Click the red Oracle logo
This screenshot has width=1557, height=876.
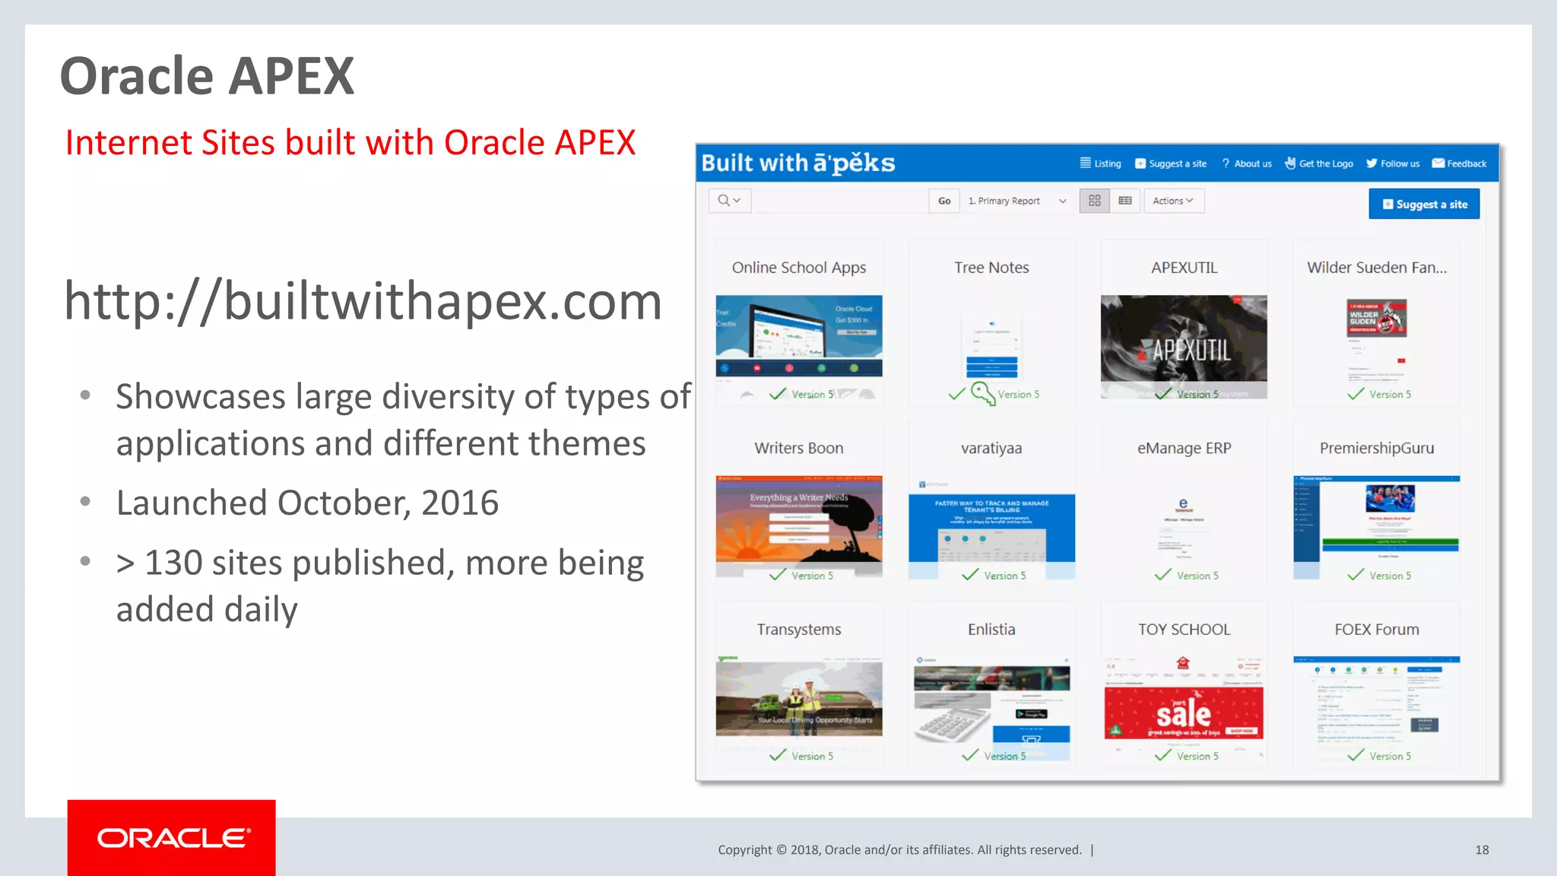pyautogui.click(x=171, y=837)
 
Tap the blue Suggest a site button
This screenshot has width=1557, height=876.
pyautogui.click(x=1424, y=204)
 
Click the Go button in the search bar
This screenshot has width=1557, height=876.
pyautogui.click(x=944, y=201)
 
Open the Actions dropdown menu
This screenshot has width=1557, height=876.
pyautogui.click(x=1173, y=201)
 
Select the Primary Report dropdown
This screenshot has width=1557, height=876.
pyautogui.click(x=1016, y=201)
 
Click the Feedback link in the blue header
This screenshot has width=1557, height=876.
pyautogui.click(x=1459, y=163)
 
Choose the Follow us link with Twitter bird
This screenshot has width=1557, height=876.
pyautogui.click(x=1393, y=163)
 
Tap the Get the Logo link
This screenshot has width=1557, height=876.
pyautogui.click(x=1319, y=163)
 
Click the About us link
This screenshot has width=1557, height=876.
pyautogui.click(x=1247, y=163)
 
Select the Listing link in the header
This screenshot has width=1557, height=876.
pyautogui.click(x=1101, y=163)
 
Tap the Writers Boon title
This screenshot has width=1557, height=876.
pyautogui.click(x=798, y=448)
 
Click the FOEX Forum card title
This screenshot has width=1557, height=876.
pyautogui.click(x=1376, y=629)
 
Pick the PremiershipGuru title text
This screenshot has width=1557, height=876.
pyautogui.click(x=1376, y=448)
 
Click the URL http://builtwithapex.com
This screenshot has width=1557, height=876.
pyautogui.click(x=363, y=301)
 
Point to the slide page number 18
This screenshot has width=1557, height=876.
pyautogui.click(x=1482, y=849)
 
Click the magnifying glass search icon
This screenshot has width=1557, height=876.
pyautogui.click(x=724, y=200)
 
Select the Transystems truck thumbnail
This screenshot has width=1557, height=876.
pyautogui.click(x=798, y=698)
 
